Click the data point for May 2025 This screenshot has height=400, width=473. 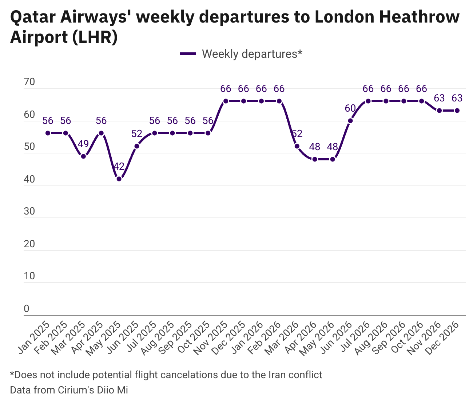[119, 179]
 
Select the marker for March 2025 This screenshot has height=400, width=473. [83, 156]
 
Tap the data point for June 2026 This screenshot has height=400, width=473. [350, 121]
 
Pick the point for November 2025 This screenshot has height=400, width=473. [226, 101]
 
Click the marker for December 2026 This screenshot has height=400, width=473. [457, 111]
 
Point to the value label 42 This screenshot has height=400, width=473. [119, 167]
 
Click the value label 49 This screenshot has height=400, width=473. [83, 144]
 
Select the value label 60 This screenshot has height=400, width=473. [350, 108]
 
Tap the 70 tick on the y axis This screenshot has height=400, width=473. [29, 82]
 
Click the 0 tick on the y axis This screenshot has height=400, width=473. [26, 309]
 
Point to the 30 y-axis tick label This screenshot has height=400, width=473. [29, 212]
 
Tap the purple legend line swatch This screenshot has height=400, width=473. [188, 54]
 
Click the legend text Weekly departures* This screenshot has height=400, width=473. [252, 54]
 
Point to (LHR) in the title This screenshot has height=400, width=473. [95, 37]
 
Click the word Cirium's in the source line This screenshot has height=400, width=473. [76, 390]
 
